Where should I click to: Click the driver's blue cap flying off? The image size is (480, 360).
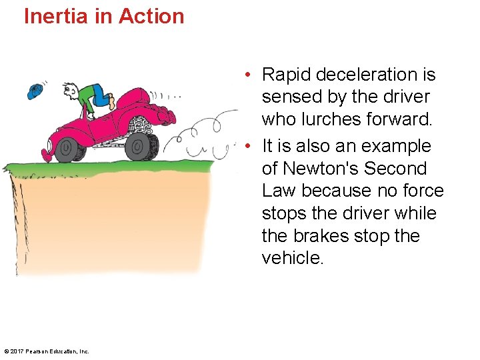tap(35, 91)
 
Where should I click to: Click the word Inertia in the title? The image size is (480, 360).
tap(56, 16)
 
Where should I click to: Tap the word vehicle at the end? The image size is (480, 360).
tap(293, 258)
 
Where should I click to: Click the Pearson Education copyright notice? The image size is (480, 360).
tap(47, 351)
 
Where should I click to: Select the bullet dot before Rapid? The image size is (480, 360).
tap(247, 75)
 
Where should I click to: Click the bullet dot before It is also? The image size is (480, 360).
tap(247, 146)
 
